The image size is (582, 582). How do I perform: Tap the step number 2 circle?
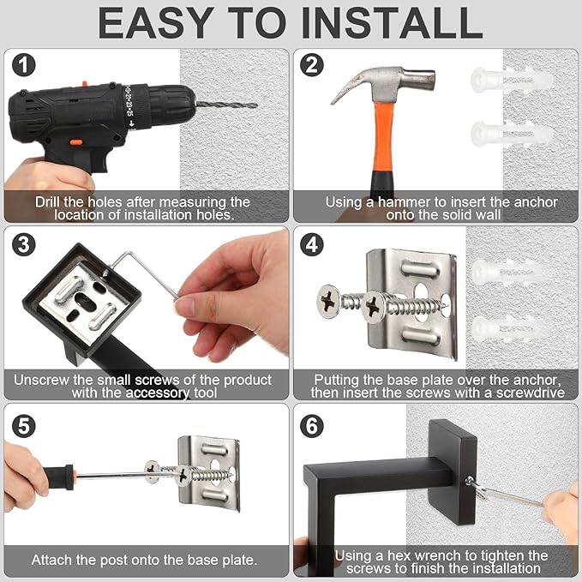310,66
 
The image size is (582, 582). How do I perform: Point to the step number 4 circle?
310,244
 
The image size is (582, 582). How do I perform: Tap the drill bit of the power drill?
226,105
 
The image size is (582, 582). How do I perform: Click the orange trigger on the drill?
75,142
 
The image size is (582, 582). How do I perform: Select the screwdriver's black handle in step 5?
57,474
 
